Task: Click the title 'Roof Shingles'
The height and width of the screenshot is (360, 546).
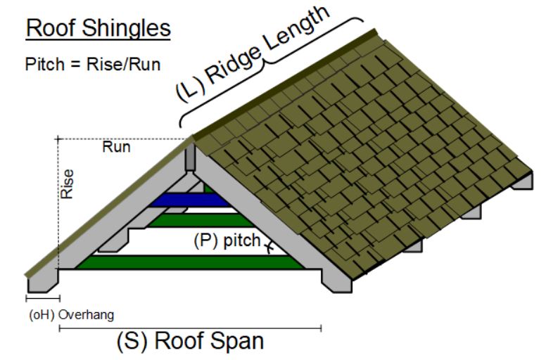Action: point(99,28)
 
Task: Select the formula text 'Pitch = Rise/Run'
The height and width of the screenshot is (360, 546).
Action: point(93,65)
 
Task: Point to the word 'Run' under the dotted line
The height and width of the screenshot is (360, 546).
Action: point(116,148)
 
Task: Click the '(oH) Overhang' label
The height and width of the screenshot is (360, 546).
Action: point(70,314)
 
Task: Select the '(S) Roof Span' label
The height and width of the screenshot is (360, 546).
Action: point(189,342)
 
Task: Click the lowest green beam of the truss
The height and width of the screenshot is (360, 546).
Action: point(190,262)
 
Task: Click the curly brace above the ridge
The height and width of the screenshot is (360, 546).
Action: point(271,67)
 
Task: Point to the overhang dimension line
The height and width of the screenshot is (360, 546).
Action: point(42,299)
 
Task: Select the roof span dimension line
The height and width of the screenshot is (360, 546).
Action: point(190,327)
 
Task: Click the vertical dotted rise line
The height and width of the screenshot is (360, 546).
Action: point(58,211)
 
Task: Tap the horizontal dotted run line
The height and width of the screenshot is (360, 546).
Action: point(120,139)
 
